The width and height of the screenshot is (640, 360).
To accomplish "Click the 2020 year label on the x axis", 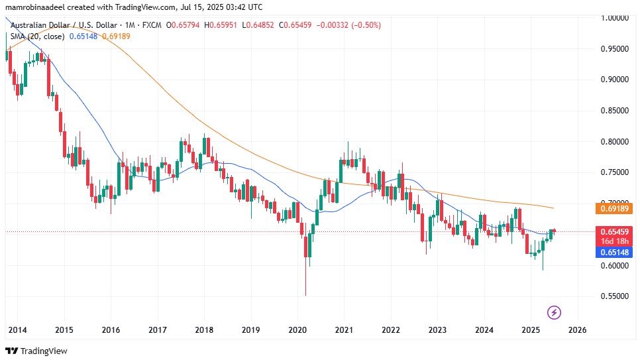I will (297, 330).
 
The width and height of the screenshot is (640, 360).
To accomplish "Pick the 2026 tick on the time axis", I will (577, 330).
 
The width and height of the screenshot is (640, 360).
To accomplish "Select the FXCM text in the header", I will (150, 25).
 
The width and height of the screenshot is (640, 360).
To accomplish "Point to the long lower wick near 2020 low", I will (305, 278).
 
